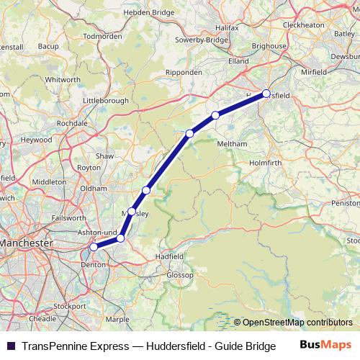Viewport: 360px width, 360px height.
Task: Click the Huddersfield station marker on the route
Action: pos(266,94)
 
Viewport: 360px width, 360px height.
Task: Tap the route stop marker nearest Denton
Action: pos(94,247)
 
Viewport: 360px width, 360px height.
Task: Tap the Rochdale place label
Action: pos(72,122)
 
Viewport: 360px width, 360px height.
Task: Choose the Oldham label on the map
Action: pos(93,188)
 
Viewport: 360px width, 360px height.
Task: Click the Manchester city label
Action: pos(27,243)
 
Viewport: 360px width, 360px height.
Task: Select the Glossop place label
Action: pos(180,275)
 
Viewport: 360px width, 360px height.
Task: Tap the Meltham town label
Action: pos(231,144)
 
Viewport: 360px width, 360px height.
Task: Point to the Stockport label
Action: pos(69,306)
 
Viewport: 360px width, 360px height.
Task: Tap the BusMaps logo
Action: pos(325,346)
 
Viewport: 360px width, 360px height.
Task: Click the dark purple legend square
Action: pos(11,346)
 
